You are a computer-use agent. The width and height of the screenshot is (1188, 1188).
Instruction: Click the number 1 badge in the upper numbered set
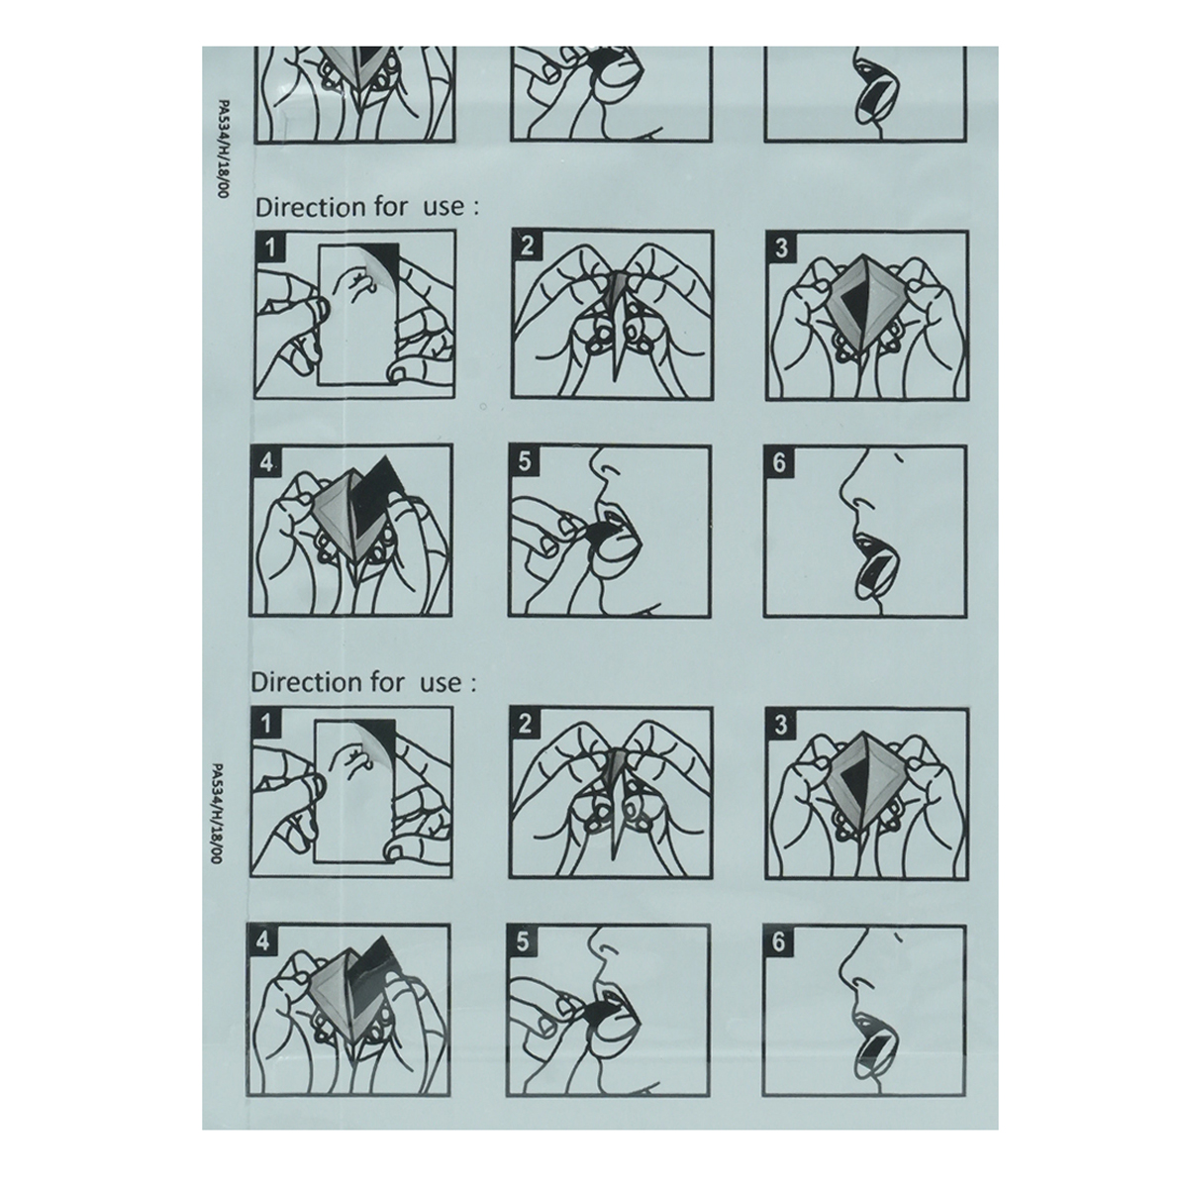[x=269, y=247]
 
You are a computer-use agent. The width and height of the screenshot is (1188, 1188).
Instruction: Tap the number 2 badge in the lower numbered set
[x=524, y=723]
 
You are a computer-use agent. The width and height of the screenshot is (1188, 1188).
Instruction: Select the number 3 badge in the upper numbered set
[x=781, y=247]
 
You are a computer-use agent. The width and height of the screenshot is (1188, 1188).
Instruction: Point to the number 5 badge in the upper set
[x=524, y=460]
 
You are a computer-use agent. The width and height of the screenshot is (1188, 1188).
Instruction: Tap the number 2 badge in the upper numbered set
[x=527, y=247]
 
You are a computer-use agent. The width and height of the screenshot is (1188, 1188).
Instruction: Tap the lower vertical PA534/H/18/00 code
[x=217, y=813]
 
